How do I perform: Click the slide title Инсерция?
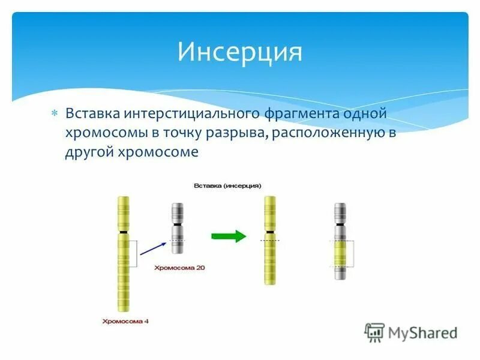[x=239, y=52]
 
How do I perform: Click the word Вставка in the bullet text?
[x=92, y=113]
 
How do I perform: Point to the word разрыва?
[x=235, y=133]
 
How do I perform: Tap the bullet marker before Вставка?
[x=54, y=113]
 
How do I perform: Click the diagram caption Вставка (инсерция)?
[x=227, y=185]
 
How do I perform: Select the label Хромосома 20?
[x=180, y=268]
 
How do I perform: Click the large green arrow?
[x=228, y=236]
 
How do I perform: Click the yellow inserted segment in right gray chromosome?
[x=340, y=254]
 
